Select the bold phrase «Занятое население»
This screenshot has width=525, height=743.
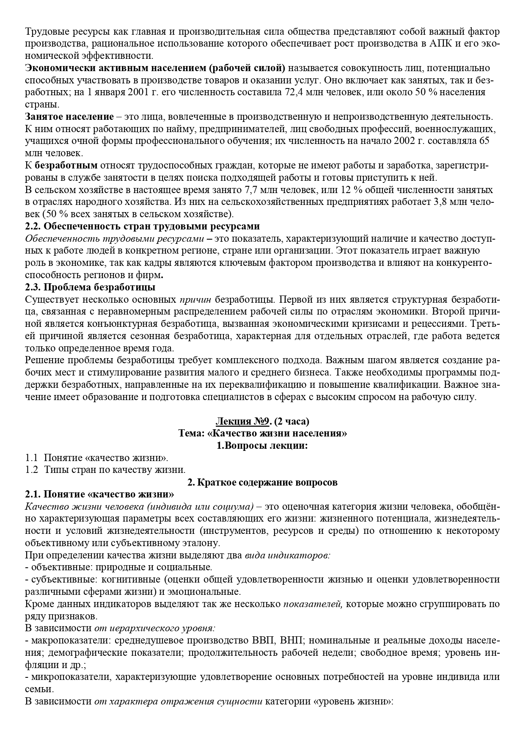(69, 116)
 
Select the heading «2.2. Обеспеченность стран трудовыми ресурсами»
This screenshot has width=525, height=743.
(142, 226)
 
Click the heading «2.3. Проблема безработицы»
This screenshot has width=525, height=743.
(90, 287)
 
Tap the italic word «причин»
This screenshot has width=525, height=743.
(195, 300)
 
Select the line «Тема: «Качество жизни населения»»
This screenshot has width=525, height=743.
(262, 434)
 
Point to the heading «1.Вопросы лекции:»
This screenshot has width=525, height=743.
(262, 445)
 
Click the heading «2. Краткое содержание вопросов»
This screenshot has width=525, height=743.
(262, 482)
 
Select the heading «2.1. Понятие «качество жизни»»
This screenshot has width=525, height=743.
(100, 494)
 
